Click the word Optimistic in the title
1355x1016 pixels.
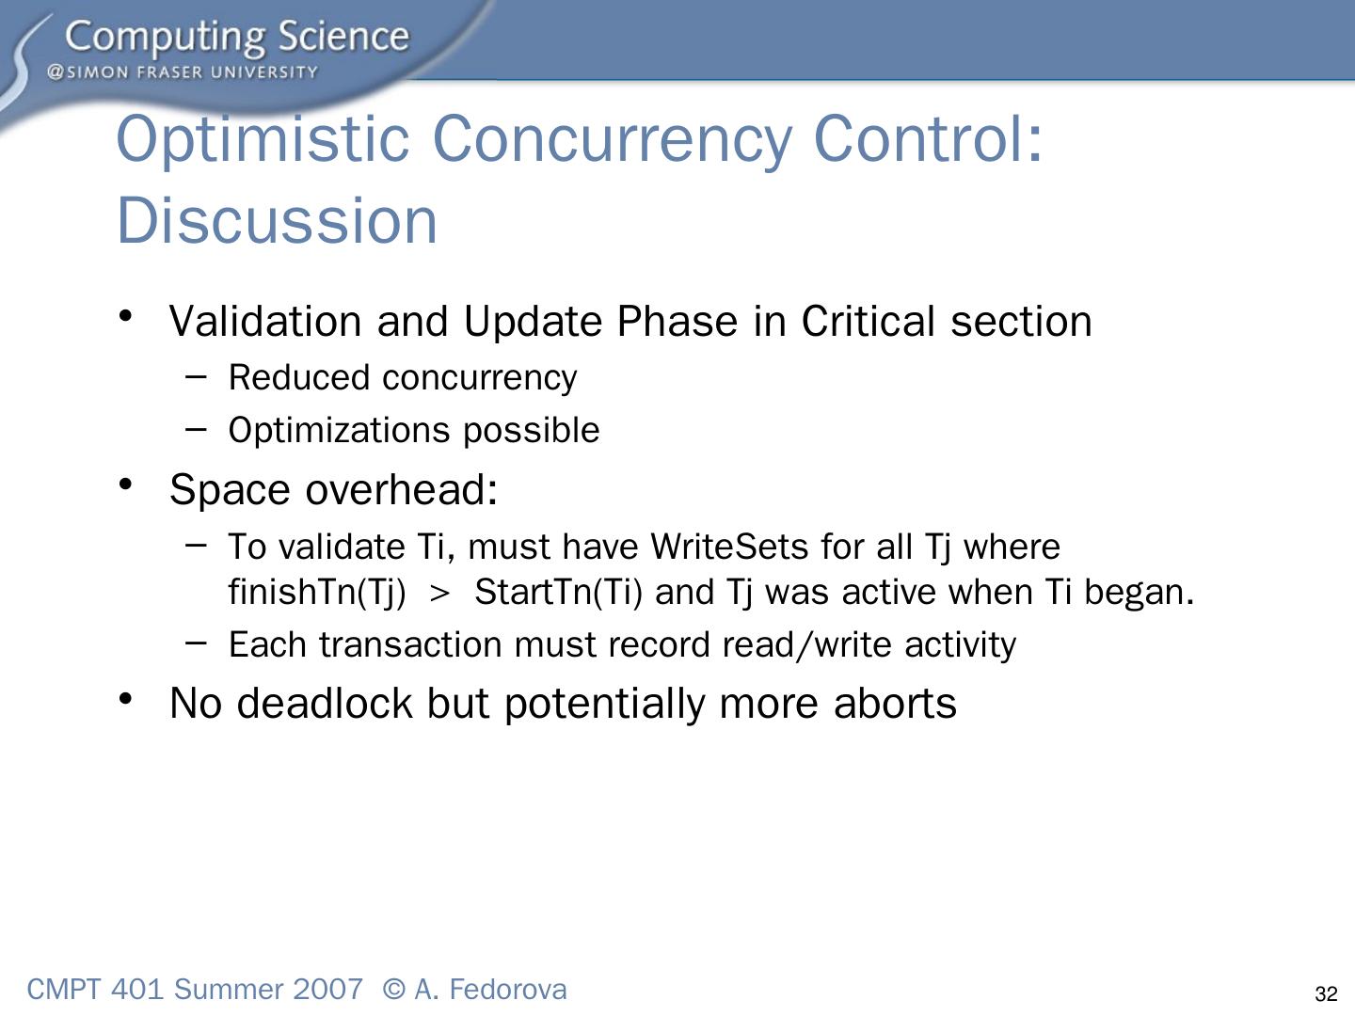pyautogui.click(x=263, y=142)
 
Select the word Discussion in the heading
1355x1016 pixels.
pyautogui.click(x=277, y=220)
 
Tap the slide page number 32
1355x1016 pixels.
pyautogui.click(x=1326, y=993)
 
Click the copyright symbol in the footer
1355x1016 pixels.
pyautogui.click(x=394, y=990)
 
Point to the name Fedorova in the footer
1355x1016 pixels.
pyautogui.click(x=507, y=990)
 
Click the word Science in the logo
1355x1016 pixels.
pyautogui.click(x=343, y=37)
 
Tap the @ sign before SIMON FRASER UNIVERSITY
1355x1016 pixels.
pyautogui.click(x=55, y=72)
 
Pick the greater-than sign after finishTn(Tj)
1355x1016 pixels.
pyautogui.click(x=438, y=594)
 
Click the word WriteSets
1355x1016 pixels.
pyautogui.click(x=729, y=547)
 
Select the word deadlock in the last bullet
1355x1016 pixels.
pyautogui.click(x=324, y=704)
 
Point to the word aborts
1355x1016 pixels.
pyautogui.click(x=895, y=704)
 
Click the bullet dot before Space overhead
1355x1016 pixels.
pyautogui.click(x=126, y=484)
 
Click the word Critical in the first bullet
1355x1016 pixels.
pyautogui.click(x=869, y=322)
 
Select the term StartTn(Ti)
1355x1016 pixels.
pyautogui.click(x=558, y=593)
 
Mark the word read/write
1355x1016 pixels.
pyautogui.click(x=806, y=645)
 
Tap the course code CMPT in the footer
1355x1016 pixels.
pyautogui.click(x=64, y=990)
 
